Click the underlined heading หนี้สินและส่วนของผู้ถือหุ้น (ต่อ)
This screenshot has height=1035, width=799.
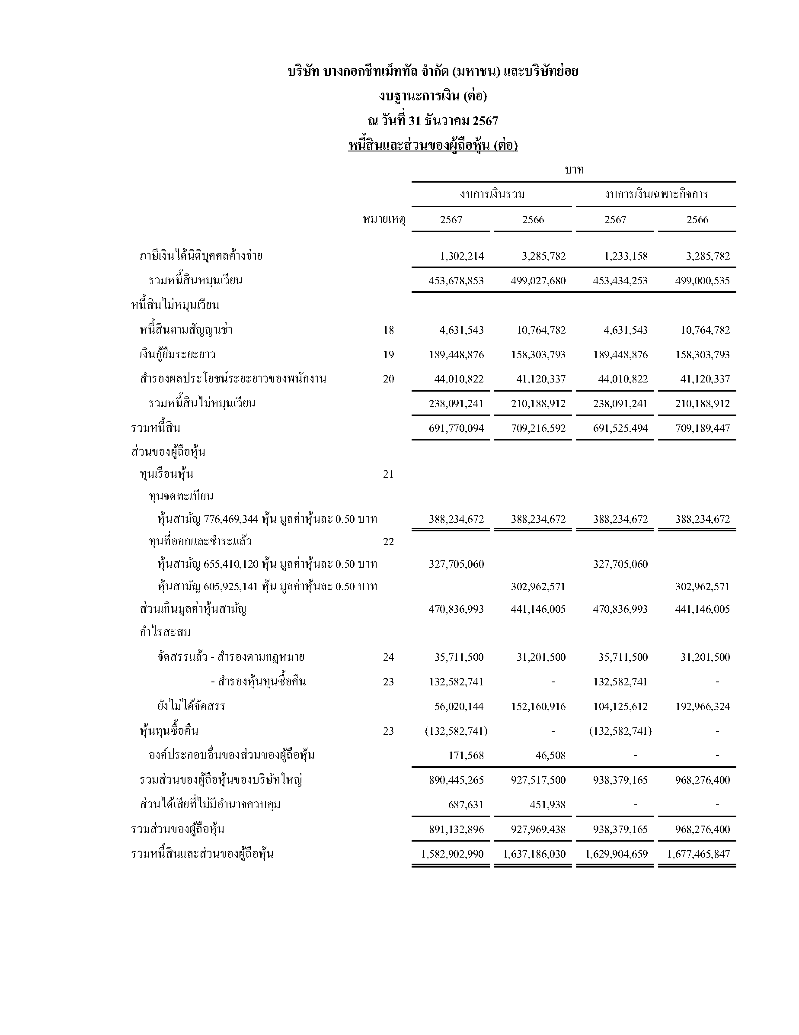coord(433,145)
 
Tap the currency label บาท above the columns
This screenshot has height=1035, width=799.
coord(574,170)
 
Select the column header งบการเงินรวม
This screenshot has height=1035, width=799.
coord(492,194)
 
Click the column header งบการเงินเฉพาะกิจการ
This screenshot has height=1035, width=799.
coord(656,194)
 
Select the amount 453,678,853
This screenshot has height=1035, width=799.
coord(456,280)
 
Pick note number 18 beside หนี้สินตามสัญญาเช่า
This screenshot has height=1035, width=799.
coord(388,330)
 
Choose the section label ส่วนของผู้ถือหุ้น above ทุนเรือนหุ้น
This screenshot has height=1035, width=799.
coord(168,452)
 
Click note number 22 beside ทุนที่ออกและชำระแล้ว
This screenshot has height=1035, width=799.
coord(388,542)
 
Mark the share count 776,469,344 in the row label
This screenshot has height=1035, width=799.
coord(231,519)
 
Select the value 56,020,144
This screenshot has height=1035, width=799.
coord(459,707)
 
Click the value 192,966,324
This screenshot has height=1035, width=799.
coord(703,707)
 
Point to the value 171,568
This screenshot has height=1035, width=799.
coord(466,755)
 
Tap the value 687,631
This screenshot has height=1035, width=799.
coord(466,805)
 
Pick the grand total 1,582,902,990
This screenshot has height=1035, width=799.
coord(452,854)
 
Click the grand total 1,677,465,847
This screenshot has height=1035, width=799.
coord(699,854)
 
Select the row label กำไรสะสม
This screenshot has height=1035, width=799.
coord(165,632)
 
